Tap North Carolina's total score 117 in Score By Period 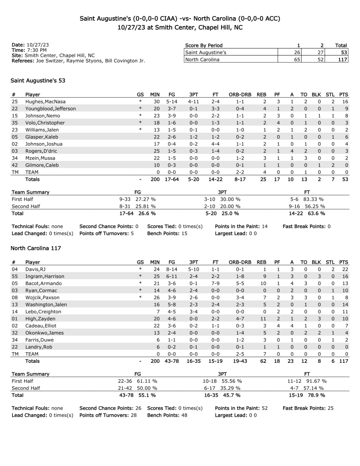[x=342, y=59]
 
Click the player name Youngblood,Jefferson [x=51, y=109]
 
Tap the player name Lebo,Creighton [x=43, y=311]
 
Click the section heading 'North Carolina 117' [x=36, y=248]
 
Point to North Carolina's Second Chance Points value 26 [x=137, y=408]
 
